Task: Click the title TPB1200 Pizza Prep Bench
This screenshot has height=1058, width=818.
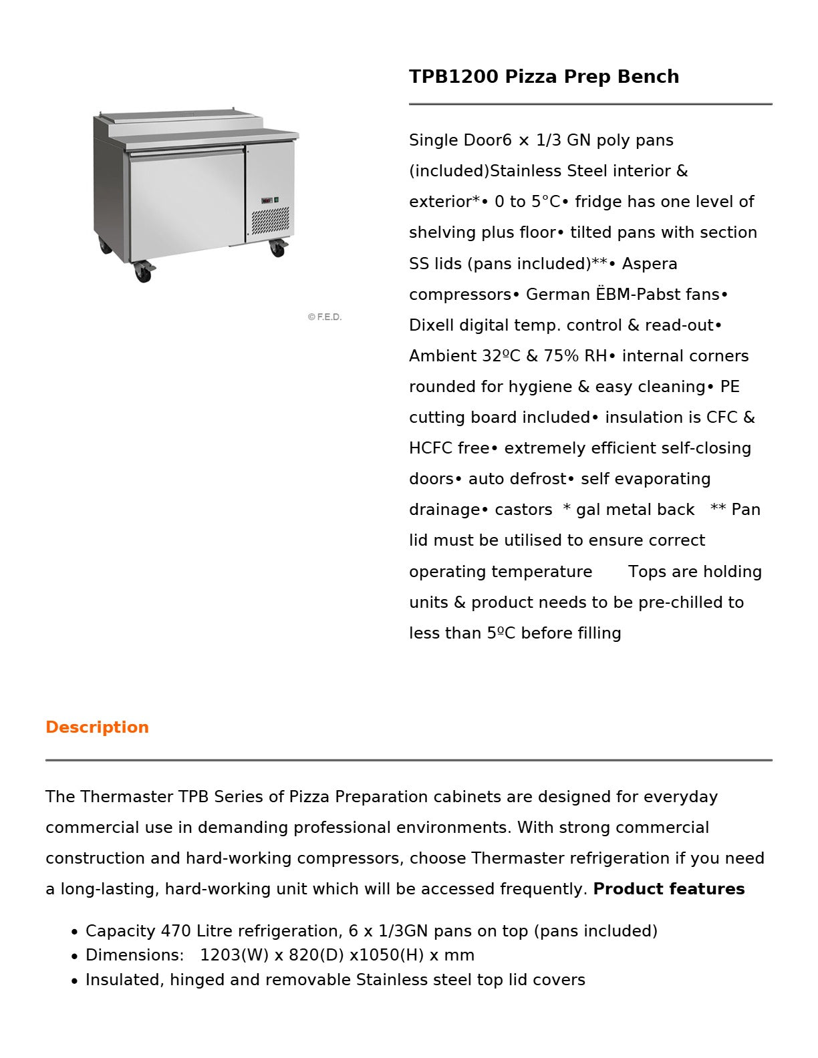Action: (x=543, y=77)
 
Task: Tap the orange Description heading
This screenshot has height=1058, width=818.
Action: (x=97, y=727)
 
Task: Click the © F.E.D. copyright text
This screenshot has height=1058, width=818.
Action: (x=324, y=317)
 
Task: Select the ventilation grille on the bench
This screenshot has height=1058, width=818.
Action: (x=270, y=220)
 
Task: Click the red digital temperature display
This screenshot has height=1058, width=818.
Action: (x=266, y=200)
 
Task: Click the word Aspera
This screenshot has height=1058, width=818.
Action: (x=649, y=264)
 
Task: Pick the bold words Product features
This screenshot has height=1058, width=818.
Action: (x=668, y=889)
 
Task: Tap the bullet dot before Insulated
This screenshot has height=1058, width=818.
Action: (x=74, y=981)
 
